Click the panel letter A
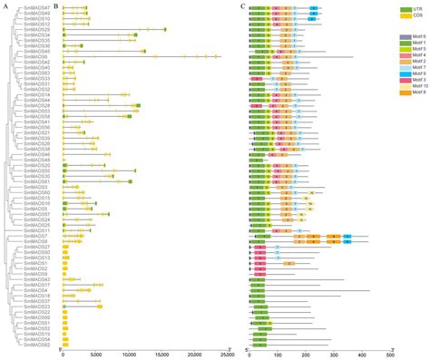click(x=5, y=5)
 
